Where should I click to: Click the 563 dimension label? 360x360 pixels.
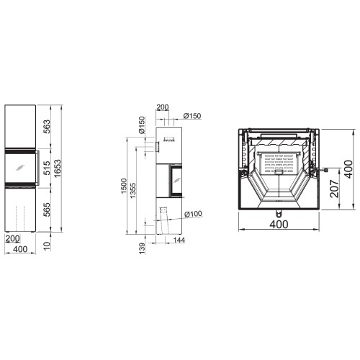pos(47,126)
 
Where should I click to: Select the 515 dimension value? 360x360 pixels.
pos(47,168)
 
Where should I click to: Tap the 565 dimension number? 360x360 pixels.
pos(47,210)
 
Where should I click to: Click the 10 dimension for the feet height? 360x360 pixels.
pos(47,246)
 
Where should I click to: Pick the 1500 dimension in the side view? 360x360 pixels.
pos(124,186)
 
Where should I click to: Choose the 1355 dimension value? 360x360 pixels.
pos(132,191)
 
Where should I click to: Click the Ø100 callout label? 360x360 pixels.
pos(194,214)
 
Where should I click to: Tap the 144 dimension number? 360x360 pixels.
pos(179,240)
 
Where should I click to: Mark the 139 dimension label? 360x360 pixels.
pos(143,248)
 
